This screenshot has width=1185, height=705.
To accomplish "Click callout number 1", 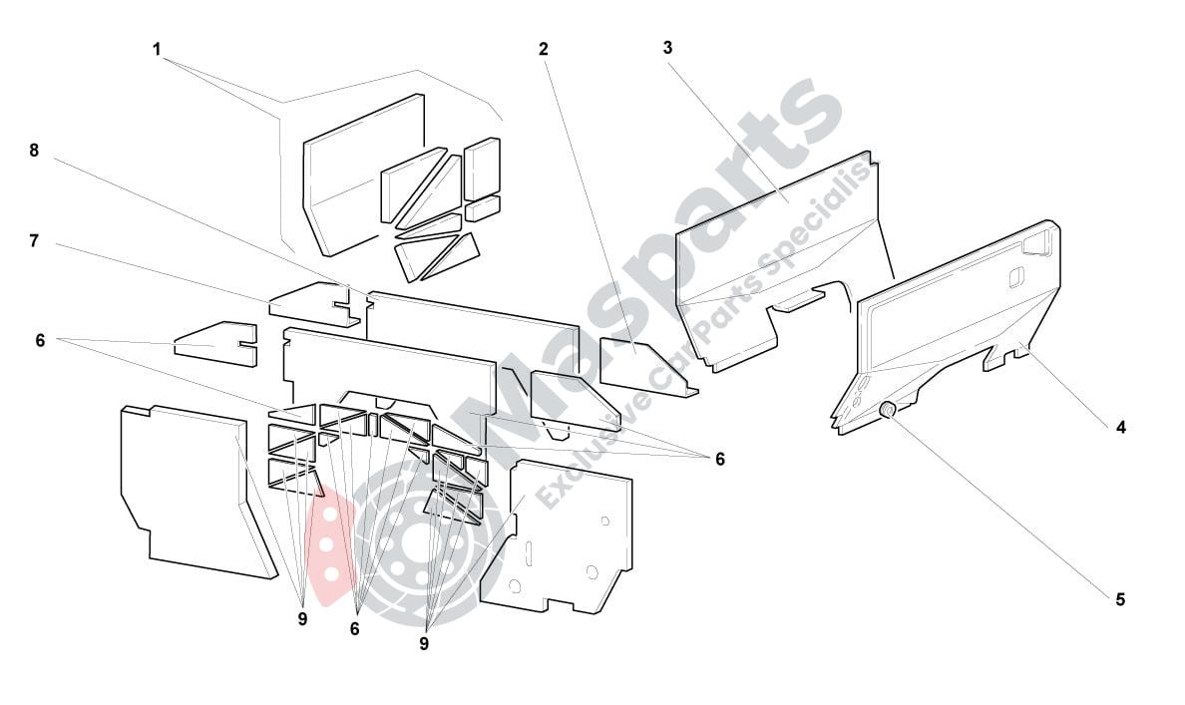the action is pyautogui.click(x=157, y=50).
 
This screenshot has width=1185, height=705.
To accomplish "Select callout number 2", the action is pyautogui.click(x=544, y=49).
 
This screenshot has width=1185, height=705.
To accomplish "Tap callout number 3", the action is pyautogui.click(x=667, y=48).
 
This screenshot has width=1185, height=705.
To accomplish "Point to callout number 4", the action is pyautogui.click(x=1121, y=428).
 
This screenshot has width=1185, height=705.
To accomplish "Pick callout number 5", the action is pyautogui.click(x=1120, y=600).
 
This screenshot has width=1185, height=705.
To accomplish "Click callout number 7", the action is pyautogui.click(x=34, y=241).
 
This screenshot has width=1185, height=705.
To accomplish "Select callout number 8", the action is pyautogui.click(x=34, y=151).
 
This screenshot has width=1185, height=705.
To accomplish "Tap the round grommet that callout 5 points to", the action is pyautogui.click(x=889, y=410).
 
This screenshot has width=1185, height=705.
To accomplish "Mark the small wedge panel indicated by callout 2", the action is pyautogui.click(x=646, y=367).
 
